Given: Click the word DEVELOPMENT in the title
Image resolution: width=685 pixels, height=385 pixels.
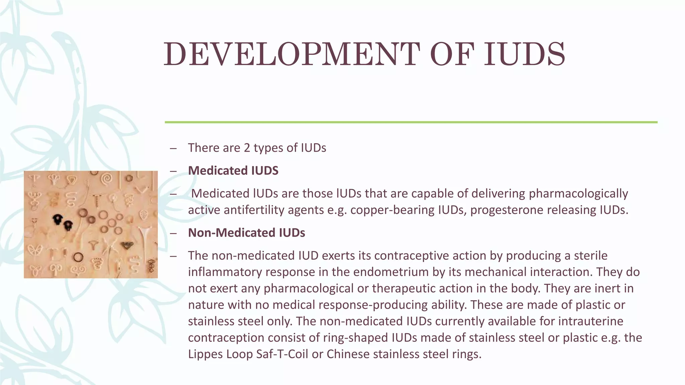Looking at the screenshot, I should tap(291, 54).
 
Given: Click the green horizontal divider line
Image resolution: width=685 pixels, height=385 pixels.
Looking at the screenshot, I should tap(411, 122).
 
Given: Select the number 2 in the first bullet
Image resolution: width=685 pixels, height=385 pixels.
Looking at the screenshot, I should tap(247, 148).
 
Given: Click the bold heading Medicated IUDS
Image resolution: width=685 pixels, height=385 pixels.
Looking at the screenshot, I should tap(233, 170).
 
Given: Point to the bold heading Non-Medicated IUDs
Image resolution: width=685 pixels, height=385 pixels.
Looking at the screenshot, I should tap(247, 233).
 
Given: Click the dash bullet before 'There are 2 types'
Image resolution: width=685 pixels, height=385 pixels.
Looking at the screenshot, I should tap(173, 148).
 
